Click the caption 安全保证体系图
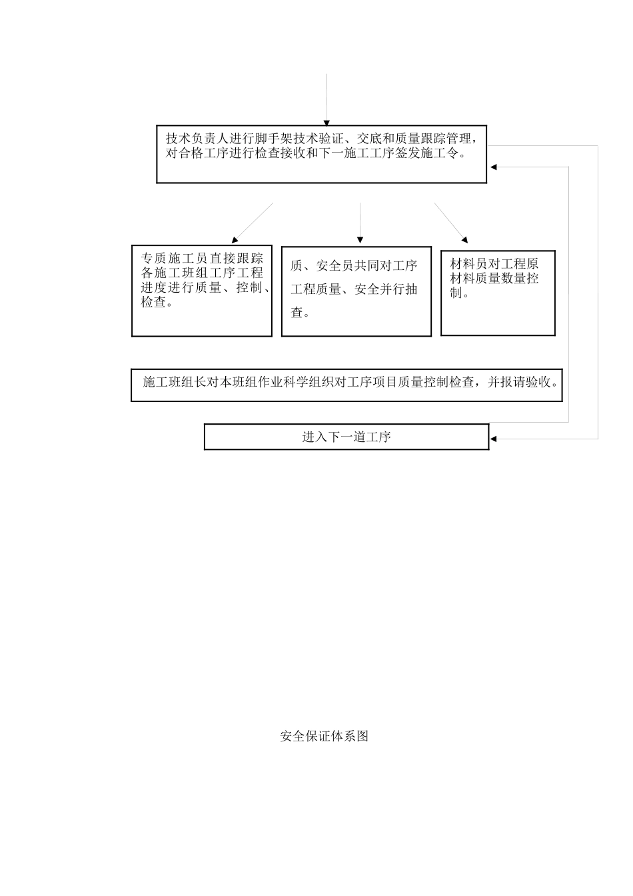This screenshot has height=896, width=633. click(x=324, y=736)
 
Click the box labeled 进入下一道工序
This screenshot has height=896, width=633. click(x=346, y=437)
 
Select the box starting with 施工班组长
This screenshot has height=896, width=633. click(x=346, y=385)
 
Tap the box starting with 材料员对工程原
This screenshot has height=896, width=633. click(x=498, y=293)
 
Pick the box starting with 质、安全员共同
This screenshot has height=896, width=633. click(x=356, y=291)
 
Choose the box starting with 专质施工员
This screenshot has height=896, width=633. click(x=202, y=291)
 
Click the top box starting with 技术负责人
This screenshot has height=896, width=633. click(x=321, y=154)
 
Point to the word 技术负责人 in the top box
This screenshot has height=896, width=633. click(x=197, y=139)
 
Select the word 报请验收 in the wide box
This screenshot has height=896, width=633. click(x=526, y=382)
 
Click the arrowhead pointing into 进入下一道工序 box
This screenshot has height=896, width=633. click(x=494, y=439)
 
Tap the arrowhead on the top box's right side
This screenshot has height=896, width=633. click(x=493, y=167)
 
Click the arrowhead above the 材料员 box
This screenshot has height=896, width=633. click(x=464, y=239)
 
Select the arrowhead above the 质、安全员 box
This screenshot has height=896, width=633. click(x=360, y=239)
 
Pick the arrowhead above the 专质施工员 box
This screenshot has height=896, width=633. click(x=235, y=239)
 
